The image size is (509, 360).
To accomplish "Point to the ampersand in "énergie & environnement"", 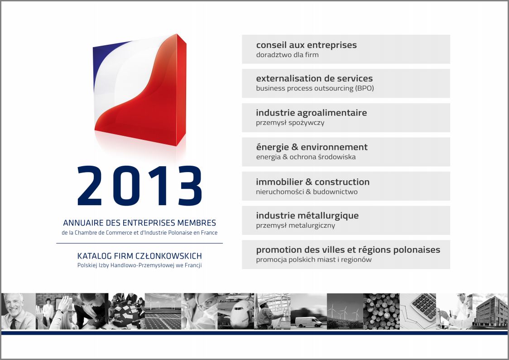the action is coord(295,147).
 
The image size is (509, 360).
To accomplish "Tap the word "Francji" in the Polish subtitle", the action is coord(193,265).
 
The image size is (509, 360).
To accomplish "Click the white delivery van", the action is coord(308,322).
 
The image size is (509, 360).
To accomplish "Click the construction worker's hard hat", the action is coord(262,302).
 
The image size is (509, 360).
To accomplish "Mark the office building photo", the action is coord(490,311).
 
